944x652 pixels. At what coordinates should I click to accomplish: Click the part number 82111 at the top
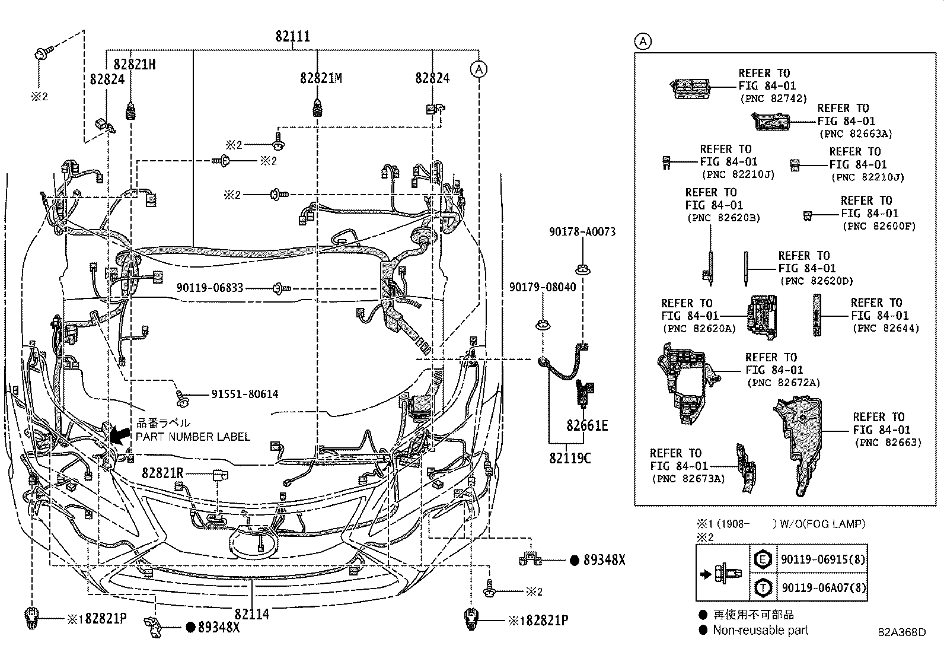(292, 37)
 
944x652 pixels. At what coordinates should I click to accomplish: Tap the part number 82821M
(321, 78)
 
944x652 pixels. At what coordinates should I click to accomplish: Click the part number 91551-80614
(244, 394)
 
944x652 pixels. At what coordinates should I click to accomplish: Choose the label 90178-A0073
(582, 232)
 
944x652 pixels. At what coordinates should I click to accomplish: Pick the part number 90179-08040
(542, 287)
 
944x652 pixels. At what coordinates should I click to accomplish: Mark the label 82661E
(587, 426)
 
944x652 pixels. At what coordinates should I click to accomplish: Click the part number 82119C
(570, 458)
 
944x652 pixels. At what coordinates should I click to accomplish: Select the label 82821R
(162, 473)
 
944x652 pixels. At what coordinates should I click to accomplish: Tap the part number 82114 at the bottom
(251, 614)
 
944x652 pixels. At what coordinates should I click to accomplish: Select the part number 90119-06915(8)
(824, 559)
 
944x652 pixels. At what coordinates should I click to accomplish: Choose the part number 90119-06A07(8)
(824, 587)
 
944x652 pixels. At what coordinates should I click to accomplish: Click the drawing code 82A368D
(902, 632)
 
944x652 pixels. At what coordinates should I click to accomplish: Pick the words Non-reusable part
(760, 631)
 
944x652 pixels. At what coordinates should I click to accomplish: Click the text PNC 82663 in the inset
(888, 443)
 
